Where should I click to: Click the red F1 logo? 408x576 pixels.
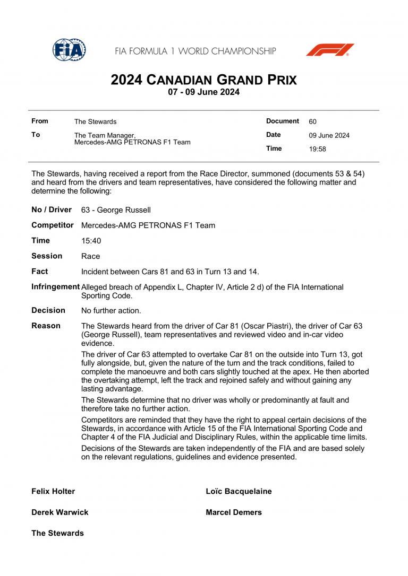(329, 50)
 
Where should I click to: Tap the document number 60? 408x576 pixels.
(312, 121)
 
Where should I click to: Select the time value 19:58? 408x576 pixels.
(317, 149)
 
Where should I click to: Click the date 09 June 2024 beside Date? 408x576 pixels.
(329, 135)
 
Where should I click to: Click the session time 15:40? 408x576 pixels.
(91, 241)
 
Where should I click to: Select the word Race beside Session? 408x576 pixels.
(90, 256)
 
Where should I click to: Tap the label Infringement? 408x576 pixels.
(55, 286)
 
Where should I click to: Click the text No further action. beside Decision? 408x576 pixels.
(111, 311)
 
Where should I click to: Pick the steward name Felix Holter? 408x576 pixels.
(53, 491)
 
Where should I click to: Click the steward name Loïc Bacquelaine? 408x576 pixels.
(239, 491)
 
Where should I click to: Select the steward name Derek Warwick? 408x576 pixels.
(59, 512)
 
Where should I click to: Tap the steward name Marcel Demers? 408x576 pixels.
(234, 512)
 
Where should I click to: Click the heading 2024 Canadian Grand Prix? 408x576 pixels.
(203, 80)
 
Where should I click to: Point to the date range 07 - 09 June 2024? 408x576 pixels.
(203, 92)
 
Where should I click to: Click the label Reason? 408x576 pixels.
(46, 326)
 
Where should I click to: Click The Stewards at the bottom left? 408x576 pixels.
(57, 533)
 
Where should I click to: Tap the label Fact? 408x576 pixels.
(39, 272)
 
